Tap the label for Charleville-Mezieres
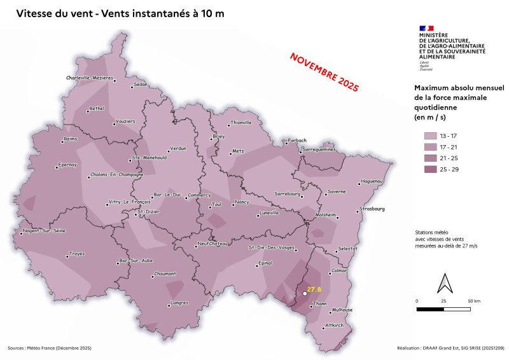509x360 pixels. [90, 78]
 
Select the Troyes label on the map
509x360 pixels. [76, 253]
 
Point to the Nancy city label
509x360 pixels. [242, 202]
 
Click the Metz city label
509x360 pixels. [239, 151]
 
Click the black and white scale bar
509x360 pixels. [444, 309]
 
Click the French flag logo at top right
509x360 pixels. [426, 28]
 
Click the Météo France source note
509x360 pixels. [50, 348]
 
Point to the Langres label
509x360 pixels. [179, 303]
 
